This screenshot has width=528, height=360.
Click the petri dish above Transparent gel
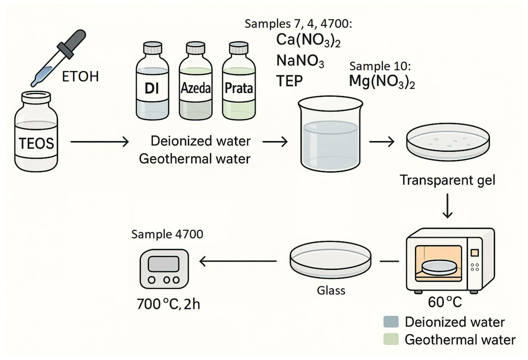click(448, 143)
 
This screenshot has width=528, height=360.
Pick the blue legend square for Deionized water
click(391, 322)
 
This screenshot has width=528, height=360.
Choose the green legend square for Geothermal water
click(391, 339)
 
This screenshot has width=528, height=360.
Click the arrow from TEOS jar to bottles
click(99, 142)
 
